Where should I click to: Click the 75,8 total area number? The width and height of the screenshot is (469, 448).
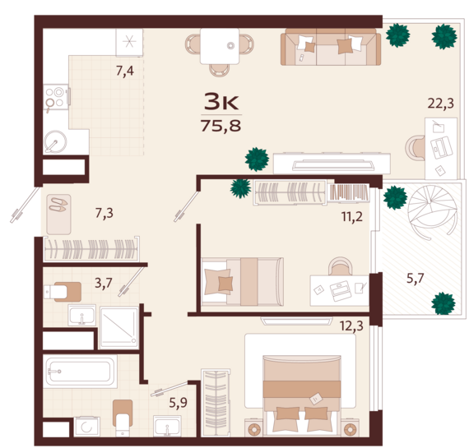(x=221, y=126)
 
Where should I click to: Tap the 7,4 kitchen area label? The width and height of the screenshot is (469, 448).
(x=125, y=72)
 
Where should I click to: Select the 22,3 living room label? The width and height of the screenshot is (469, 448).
(x=440, y=104)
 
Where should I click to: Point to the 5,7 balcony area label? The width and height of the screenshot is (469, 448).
(x=416, y=279)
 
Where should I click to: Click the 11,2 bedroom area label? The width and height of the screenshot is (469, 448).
(x=352, y=216)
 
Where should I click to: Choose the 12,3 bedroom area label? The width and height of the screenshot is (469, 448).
(x=351, y=326)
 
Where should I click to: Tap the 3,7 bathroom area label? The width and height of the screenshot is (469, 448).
(x=104, y=283)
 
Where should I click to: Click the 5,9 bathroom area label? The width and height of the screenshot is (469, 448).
(x=179, y=403)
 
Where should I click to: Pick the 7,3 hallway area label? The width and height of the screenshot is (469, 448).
(x=104, y=214)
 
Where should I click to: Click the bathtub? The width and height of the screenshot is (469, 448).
(x=80, y=372)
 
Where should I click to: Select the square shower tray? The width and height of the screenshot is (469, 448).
(x=119, y=327)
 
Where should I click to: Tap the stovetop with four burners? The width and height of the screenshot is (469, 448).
(x=56, y=97)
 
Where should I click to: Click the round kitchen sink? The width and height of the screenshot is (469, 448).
(x=55, y=141)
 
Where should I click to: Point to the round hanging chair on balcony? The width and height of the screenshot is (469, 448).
(x=432, y=211)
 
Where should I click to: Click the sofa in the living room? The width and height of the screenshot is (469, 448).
(x=331, y=47)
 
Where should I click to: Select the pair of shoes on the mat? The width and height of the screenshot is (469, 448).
(x=58, y=205)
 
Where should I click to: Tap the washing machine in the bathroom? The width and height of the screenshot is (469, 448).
(x=86, y=427)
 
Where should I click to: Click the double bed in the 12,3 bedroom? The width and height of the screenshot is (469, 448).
(x=302, y=395)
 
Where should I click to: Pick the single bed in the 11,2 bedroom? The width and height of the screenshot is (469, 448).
(x=243, y=282)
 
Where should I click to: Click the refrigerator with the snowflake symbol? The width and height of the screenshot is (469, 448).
(x=129, y=42)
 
